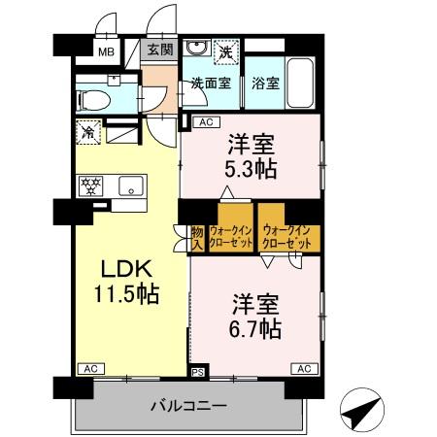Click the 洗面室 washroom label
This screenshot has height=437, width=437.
210,83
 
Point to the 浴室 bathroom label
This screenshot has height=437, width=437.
266,83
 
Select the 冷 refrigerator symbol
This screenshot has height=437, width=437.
88,130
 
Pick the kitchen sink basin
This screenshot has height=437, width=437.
130,185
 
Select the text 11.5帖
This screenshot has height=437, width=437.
127,291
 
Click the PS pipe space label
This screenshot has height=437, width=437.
197,371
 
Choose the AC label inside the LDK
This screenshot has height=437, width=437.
89,369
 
